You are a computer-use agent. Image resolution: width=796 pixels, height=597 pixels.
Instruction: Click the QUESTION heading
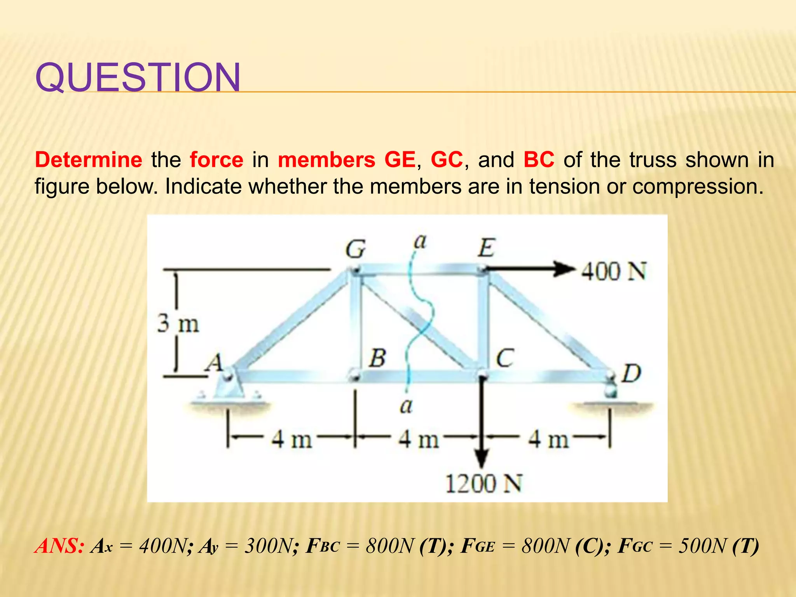(138, 77)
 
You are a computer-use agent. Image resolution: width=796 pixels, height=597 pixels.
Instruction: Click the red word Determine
(89, 160)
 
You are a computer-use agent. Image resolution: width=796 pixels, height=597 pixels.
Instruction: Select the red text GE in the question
(400, 160)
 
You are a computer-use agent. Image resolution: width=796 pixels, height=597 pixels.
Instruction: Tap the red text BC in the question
(539, 160)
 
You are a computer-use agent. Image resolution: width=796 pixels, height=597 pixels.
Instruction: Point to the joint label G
(356, 249)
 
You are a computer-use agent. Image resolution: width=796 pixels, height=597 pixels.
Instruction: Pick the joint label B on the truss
(377, 358)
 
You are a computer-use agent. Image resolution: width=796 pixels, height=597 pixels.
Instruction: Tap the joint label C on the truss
(505, 358)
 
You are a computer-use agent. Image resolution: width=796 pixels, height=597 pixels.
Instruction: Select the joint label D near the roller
(631, 374)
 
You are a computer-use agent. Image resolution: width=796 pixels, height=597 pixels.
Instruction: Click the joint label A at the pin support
(215, 363)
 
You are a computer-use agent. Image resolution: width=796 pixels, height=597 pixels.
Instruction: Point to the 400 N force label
(614, 271)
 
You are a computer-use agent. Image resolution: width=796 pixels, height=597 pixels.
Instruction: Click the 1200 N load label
(484, 484)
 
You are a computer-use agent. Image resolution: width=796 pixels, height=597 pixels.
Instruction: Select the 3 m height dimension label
(178, 323)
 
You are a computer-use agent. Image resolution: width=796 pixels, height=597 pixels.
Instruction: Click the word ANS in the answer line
(58, 546)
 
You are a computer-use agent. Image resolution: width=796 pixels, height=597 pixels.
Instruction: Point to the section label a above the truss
(420, 241)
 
